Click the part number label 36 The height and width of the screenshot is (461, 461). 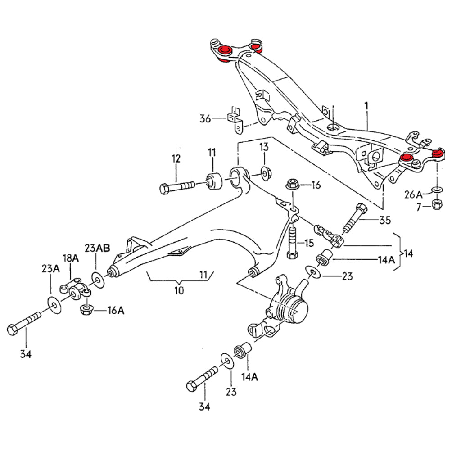[205, 119]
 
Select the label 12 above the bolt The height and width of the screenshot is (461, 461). [176, 159]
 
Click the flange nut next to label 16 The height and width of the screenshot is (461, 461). [291, 185]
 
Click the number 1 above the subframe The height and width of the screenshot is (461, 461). [366, 106]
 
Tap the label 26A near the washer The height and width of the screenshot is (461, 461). [413, 194]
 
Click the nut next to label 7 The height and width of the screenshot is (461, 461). [436, 204]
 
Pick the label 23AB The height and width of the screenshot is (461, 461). [97, 248]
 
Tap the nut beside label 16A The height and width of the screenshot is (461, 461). [86, 310]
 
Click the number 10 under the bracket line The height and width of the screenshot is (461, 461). [179, 290]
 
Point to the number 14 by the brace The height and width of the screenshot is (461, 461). [408, 253]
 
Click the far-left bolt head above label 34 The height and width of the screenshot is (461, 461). [14, 330]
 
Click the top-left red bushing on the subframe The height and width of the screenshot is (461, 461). [225, 50]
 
